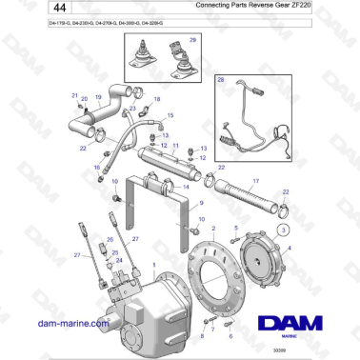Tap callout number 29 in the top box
tap(194, 42)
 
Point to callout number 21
tap(74, 95)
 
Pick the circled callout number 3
tap(283, 230)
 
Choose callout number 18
tap(157, 98)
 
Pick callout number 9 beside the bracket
tap(201, 203)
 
